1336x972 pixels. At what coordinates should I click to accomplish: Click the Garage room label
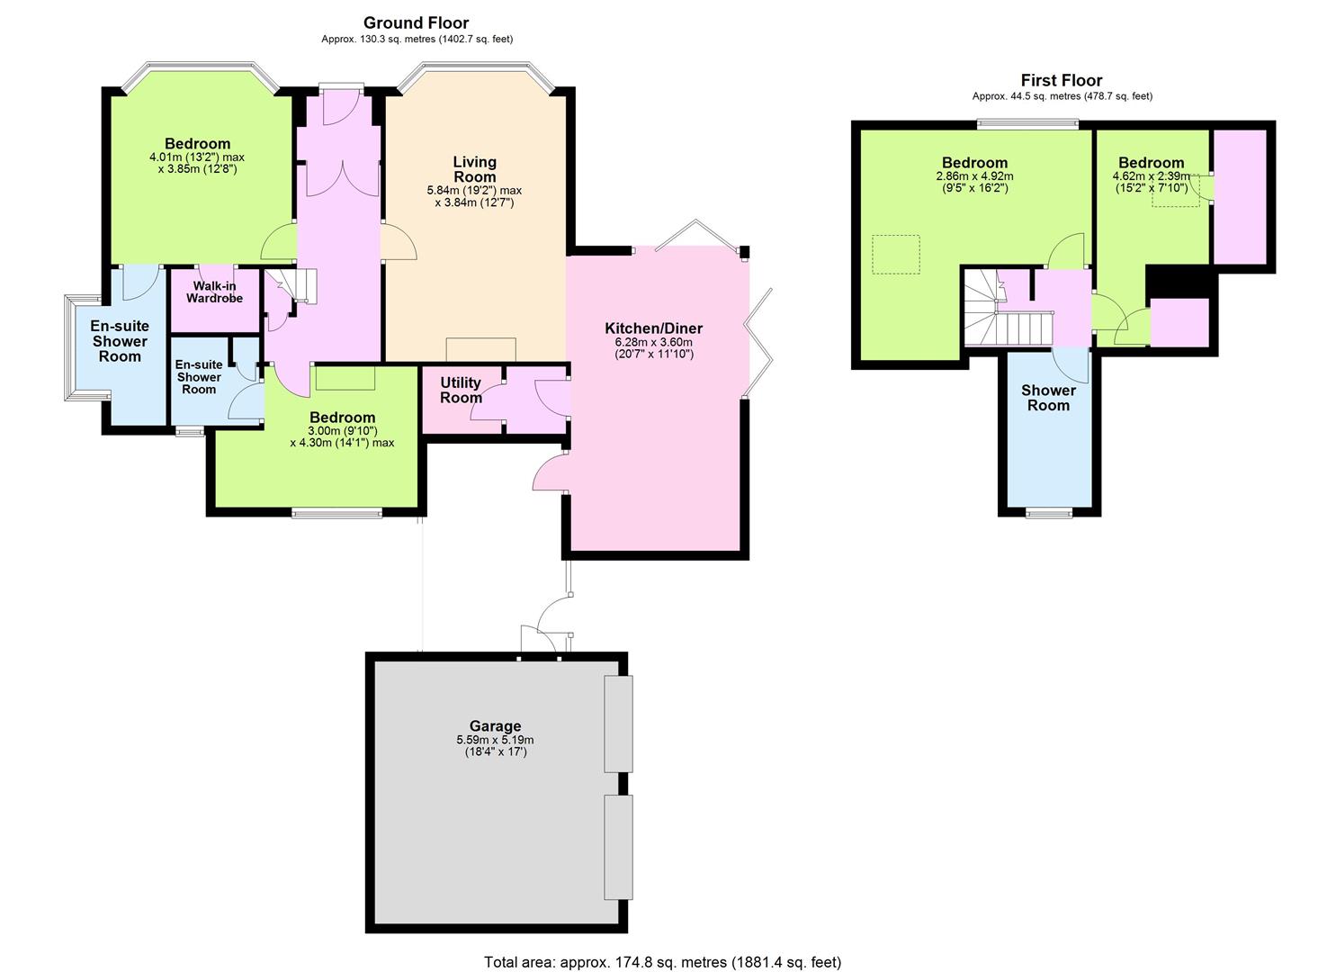click(495, 725)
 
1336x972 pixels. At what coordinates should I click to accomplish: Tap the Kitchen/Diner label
click(654, 328)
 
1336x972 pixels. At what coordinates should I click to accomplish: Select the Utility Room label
click(461, 390)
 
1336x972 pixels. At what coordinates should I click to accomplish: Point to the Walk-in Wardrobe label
click(214, 292)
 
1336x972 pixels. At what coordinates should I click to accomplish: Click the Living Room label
click(475, 169)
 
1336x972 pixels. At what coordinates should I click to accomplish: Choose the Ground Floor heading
click(416, 22)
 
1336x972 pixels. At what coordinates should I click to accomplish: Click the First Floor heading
click(1062, 80)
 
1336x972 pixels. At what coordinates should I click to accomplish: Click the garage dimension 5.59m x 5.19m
click(495, 740)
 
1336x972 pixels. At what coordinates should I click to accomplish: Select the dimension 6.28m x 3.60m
click(654, 343)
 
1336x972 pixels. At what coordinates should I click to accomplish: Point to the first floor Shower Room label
click(1048, 398)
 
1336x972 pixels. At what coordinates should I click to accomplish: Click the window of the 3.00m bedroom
click(337, 512)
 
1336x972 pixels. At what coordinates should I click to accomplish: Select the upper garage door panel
click(618, 724)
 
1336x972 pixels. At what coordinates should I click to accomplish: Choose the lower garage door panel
click(618, 847)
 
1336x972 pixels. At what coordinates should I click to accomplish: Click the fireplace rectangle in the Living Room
click(480, 349)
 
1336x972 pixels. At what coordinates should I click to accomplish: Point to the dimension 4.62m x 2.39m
click(1151, 176)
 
